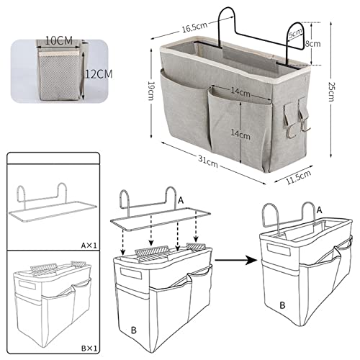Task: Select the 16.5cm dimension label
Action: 191,27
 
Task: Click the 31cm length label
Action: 210,162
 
